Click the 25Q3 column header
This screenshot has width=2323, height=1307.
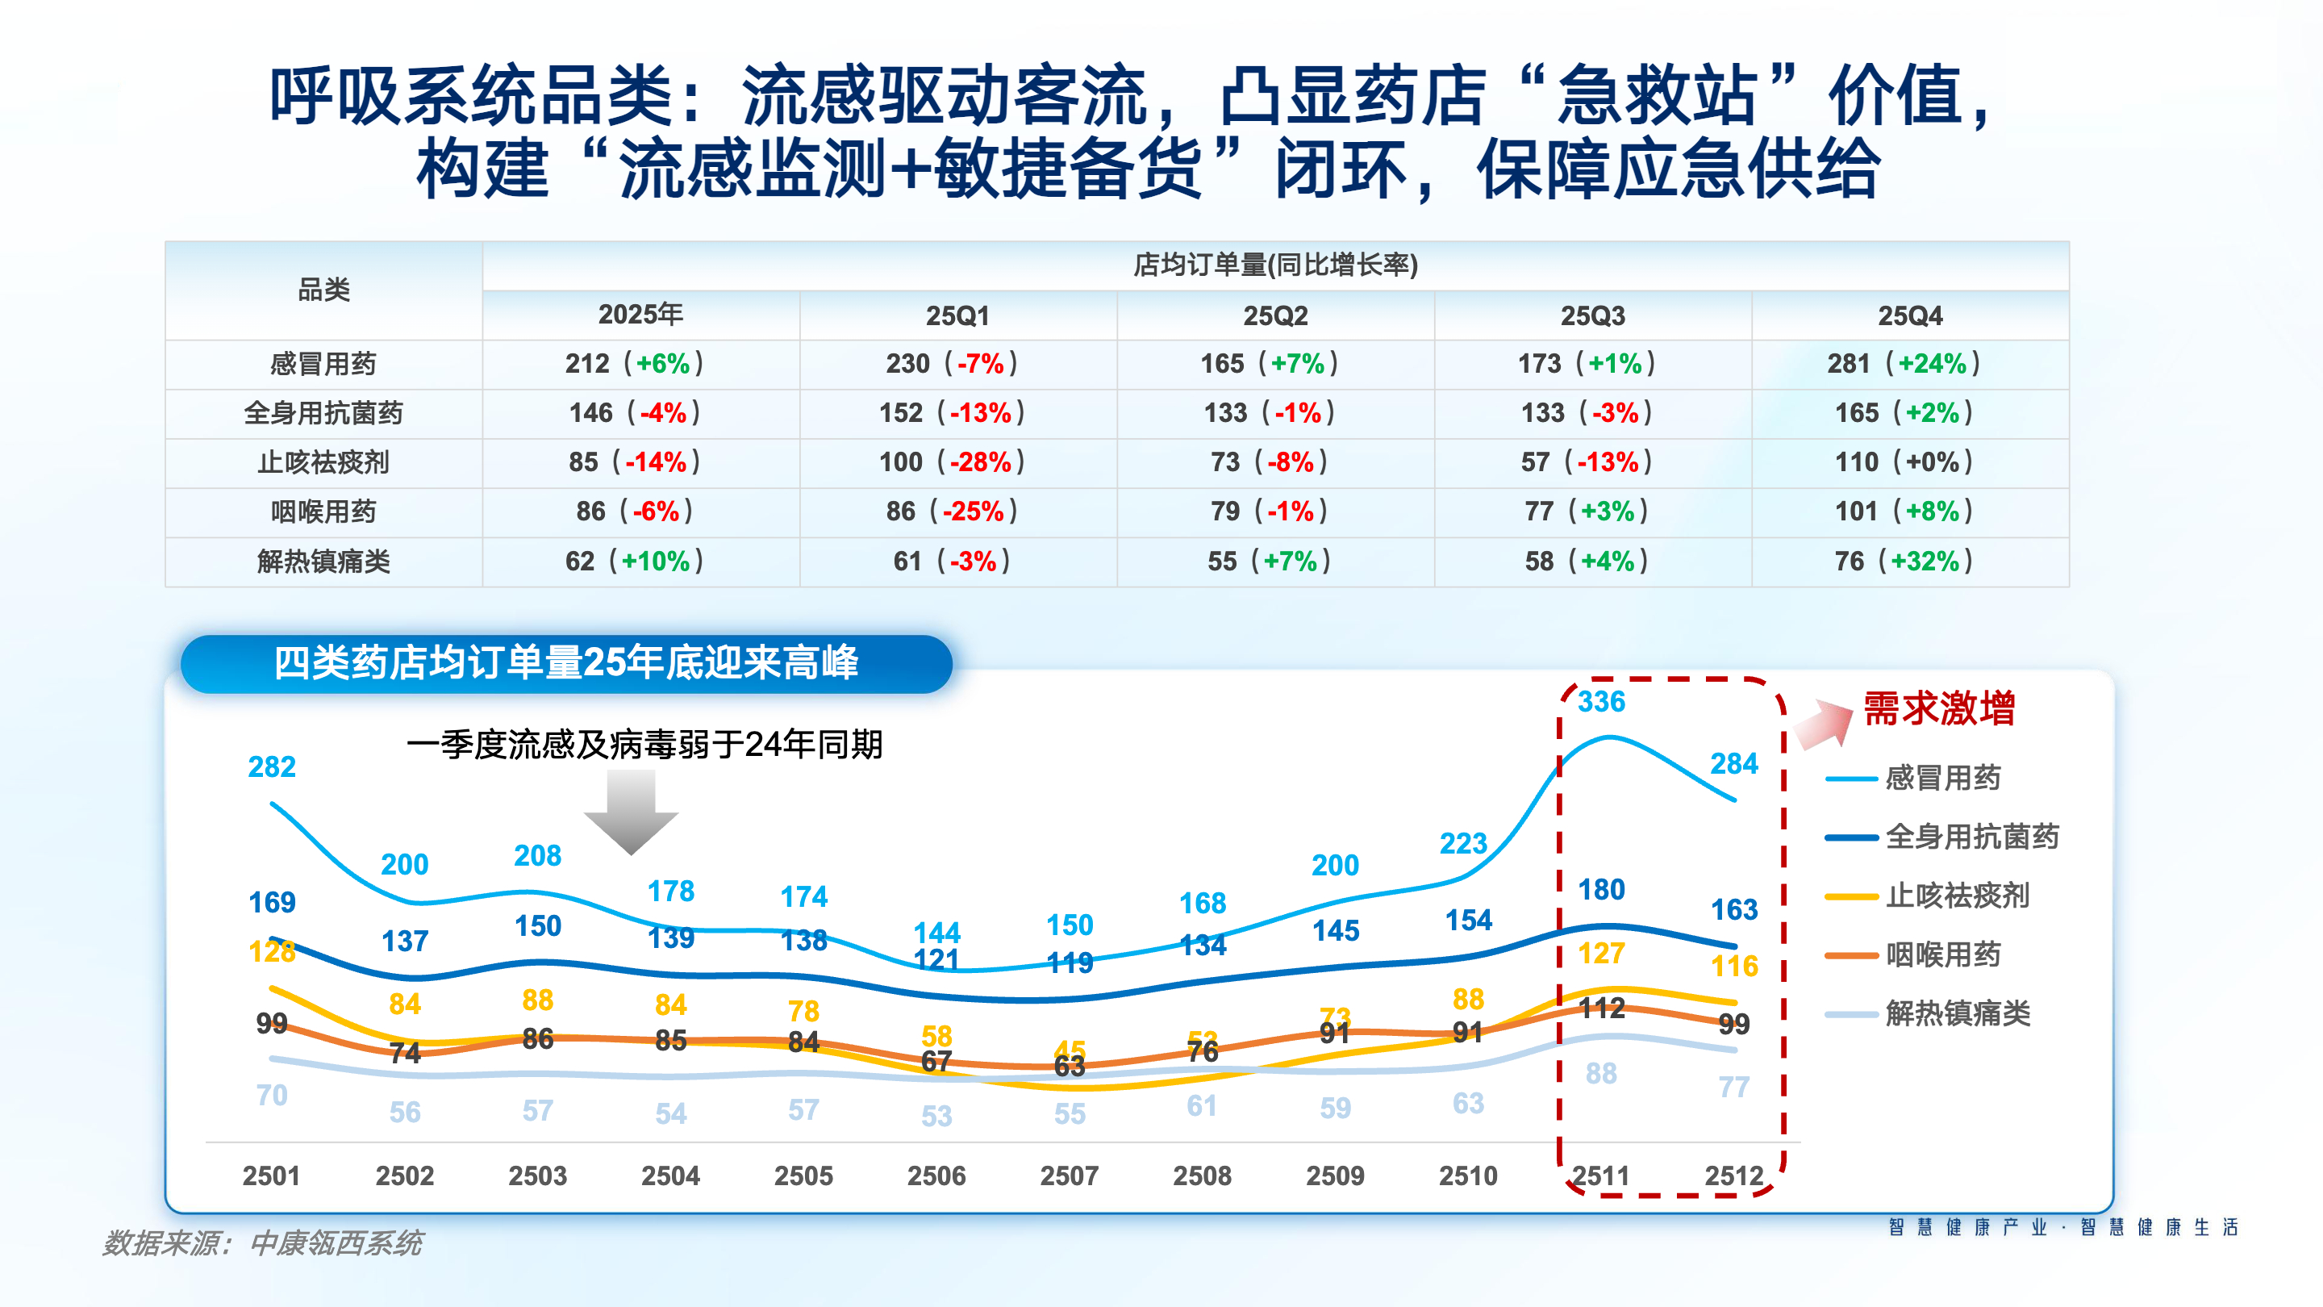(1592, 315)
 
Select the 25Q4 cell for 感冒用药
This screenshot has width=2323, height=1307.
(1904, 364)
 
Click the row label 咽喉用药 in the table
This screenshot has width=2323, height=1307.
(323, 512)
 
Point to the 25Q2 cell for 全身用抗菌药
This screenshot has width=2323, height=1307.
(1269, 413)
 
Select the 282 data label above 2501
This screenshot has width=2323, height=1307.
(272, 766)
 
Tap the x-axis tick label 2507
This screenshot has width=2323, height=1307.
(1070, 1175)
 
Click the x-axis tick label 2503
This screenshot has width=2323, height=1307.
(537, 1175)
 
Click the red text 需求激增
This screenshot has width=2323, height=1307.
(1939, 708)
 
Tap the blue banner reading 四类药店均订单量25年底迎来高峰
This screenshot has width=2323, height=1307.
(566, 664)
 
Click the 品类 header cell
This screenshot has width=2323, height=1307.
(323, 290)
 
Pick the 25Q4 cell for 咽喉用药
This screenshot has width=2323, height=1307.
(1904, 512)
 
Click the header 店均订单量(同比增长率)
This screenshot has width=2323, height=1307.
(1275, 265)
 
